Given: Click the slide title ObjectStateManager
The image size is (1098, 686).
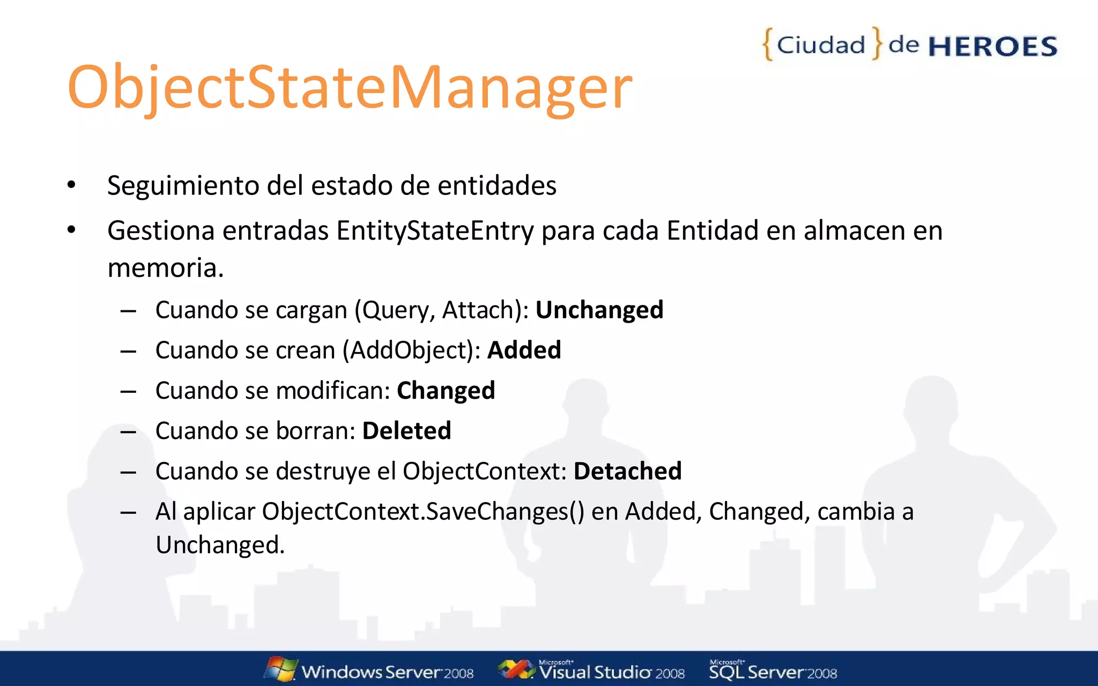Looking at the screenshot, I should [x=350, y=87].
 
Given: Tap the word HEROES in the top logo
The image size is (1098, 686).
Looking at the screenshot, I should [x=992, y=47].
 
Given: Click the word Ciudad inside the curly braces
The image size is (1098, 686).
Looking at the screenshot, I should [x=821, y=45].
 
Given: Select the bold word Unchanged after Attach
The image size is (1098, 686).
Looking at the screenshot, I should [x=599, y=310].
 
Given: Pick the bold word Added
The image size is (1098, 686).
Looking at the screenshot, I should [x=524, y=350].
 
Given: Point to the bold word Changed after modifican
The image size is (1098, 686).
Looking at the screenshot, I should [x=446, y=390].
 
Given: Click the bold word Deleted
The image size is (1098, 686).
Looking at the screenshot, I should [x=406, y=430].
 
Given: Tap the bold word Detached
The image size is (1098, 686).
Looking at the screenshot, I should [x=627, y=471].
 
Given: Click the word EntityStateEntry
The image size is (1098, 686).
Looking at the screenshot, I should [x=435, y=230].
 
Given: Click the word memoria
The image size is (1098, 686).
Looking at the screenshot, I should [x=165, y=267].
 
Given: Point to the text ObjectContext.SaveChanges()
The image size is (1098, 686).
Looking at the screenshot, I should [x=422, y=511].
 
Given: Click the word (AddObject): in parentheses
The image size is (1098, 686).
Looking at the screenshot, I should [x=411, y=350].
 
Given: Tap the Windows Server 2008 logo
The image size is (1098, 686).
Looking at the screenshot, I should [x=369, y=670].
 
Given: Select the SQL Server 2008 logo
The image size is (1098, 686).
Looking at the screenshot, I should [x=773, y=670].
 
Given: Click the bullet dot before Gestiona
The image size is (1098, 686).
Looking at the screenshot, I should [x=71, y=230].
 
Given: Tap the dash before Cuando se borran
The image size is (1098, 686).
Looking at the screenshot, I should [x=128, y=431].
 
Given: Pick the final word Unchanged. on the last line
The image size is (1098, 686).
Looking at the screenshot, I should [x=220, y=545].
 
